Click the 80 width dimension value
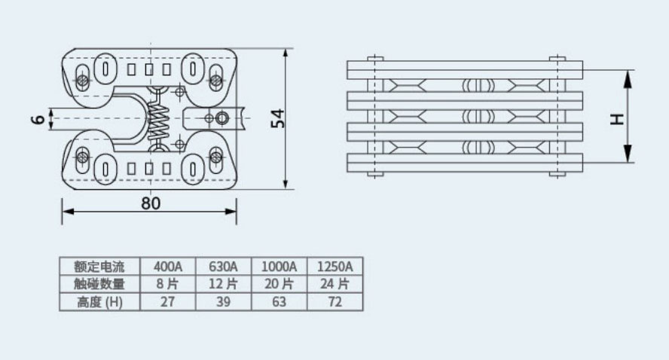151,202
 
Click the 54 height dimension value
279,118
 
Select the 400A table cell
168,267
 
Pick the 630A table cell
223,267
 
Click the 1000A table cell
279,267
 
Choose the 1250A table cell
335,267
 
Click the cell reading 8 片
168,284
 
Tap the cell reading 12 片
223,284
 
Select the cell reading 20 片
279,284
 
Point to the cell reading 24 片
335,284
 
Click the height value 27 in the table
168,302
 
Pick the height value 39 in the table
223,302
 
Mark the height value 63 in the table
279,302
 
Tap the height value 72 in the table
335,302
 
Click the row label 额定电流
99,267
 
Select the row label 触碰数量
99,284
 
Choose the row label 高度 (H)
99,302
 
